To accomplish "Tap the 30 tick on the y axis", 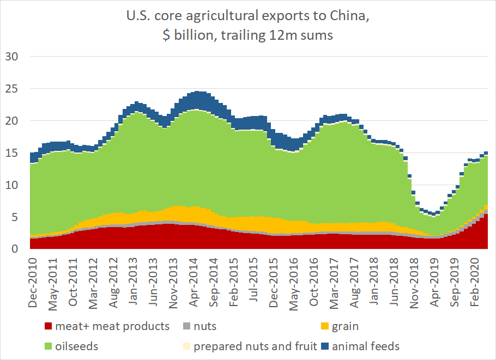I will [11, 57].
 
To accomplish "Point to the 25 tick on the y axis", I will [11, 89].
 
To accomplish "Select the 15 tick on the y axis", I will [11, 153].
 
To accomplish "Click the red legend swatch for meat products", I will [49, 327].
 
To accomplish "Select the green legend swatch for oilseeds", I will [49, 346].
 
